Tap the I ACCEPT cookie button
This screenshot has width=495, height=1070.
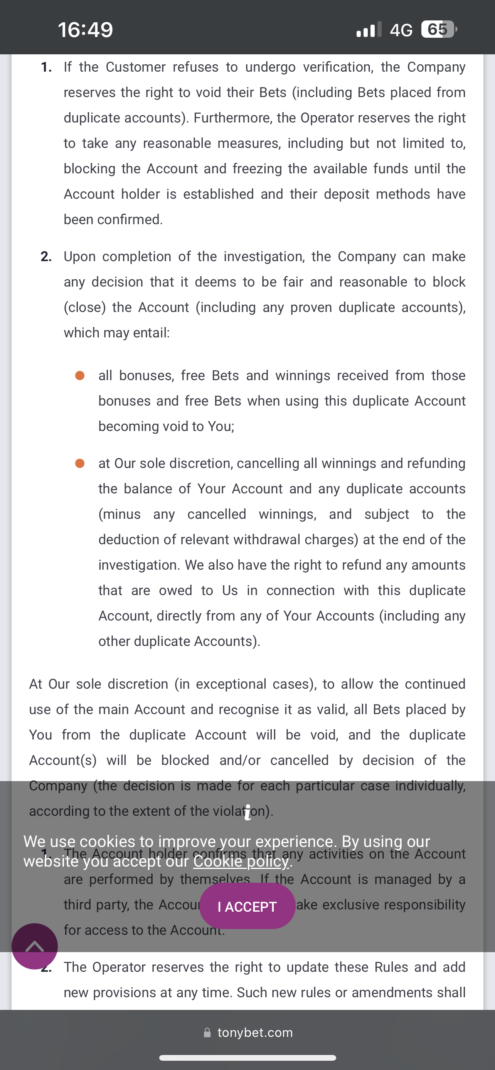coord(247,906)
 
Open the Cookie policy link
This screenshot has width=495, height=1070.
coord(241,861)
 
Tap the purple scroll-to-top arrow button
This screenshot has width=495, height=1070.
coord(34,946)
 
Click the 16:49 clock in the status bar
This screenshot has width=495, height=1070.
coord(85,30)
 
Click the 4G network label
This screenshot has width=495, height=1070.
coord(401,30)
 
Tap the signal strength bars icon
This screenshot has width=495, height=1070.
coord(368,30)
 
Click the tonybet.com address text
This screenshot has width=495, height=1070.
coord(255,1033)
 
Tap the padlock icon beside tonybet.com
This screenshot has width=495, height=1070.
coord(207,1033)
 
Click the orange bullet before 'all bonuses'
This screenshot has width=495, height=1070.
coord(80,376)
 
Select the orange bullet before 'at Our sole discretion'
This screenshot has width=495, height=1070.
coord(80,463)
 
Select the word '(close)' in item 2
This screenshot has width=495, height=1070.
coord(84,307)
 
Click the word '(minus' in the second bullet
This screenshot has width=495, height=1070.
coord(119,514)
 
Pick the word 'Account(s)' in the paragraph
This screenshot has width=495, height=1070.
coord(63,760)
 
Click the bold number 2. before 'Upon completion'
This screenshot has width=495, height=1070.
coord(46,257)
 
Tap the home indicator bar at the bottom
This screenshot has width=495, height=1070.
coord(247,1058)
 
